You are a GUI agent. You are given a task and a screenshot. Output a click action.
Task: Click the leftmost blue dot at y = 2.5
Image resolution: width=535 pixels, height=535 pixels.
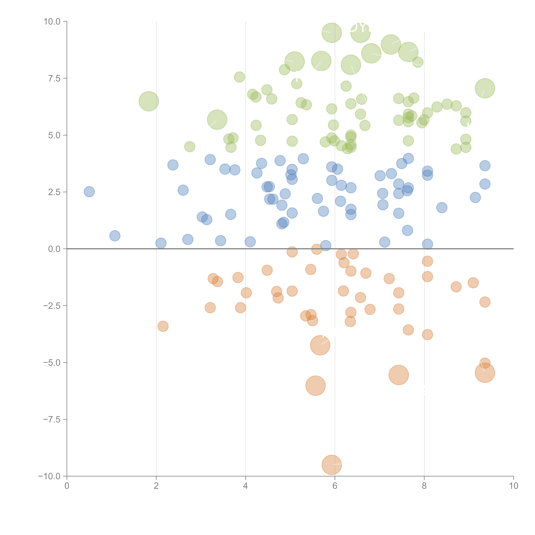[89, 192]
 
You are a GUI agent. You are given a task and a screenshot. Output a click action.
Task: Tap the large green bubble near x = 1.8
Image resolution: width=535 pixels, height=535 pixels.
[149, 101]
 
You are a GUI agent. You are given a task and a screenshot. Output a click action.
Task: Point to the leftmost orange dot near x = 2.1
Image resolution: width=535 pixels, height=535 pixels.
[163, 326]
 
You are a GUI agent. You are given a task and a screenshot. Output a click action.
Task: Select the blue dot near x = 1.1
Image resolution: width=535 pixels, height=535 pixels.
[115, 236]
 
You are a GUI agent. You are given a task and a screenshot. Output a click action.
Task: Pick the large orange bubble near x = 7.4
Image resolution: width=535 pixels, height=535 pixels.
[398, 375]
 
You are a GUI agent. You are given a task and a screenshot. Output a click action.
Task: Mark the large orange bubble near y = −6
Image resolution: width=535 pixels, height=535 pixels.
[315, 385]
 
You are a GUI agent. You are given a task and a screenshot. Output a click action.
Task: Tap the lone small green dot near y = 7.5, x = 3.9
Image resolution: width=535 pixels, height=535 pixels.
[239, 77]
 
